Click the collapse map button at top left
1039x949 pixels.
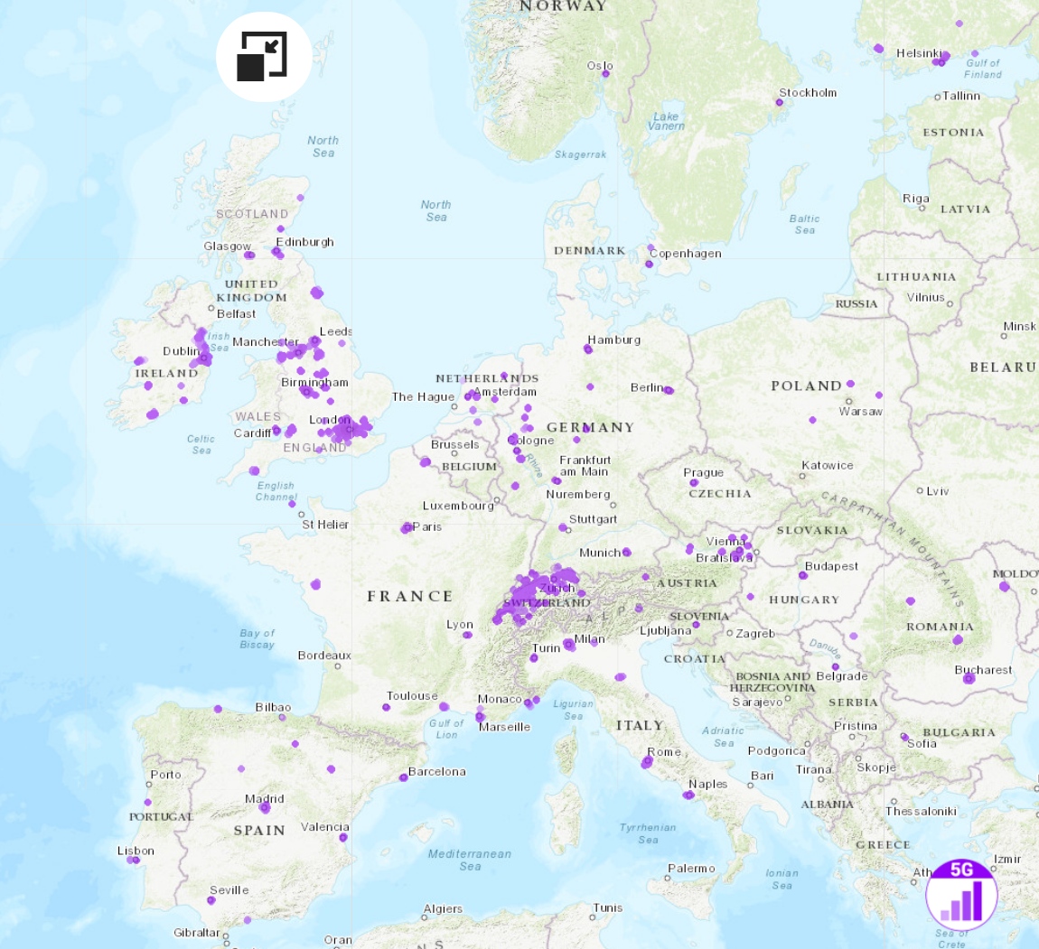click(263, 57)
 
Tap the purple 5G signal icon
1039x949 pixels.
click(961, 893)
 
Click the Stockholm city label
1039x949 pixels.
click(808, 93)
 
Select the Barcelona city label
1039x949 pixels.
click(437, 772)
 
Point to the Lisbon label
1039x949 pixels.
click(136, 851)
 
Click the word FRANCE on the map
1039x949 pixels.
click(409, 596)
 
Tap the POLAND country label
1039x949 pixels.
click(806, 386)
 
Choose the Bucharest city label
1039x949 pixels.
click(983, 670)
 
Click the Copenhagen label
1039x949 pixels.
click(685, 254)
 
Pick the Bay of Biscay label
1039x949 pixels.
click(257, 638)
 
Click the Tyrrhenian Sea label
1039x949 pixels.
click(648, 833)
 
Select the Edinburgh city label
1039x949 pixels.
click(305, 242)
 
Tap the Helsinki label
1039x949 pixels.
click(919, 53)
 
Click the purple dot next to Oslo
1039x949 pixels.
click(605, 74)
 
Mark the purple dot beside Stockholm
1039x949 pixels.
click(779, 102)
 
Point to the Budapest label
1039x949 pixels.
click(831, 566)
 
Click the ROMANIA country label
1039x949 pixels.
click(940, 627)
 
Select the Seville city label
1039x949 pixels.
click(229, 889)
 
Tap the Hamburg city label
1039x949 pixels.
click(614, 340)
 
